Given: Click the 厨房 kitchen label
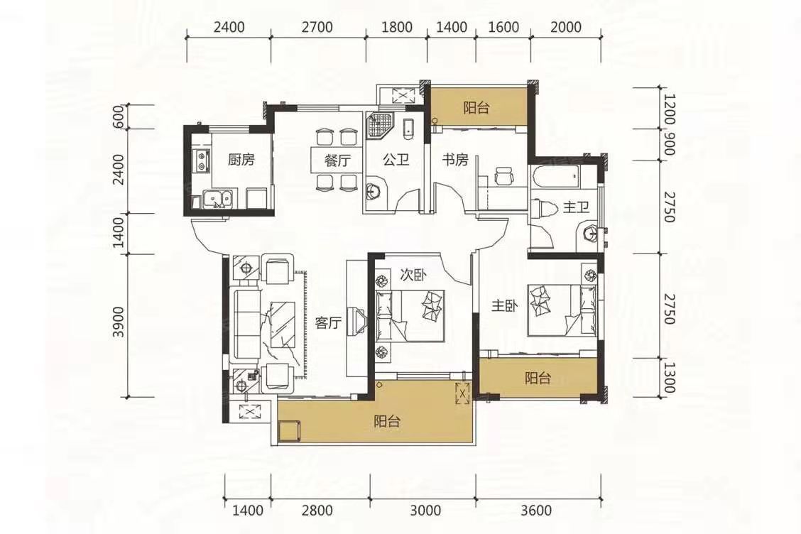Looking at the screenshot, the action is (x=241, y=160).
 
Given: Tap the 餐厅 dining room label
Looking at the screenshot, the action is (x=338, y=160).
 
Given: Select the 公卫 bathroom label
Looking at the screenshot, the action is (x=396, y=160).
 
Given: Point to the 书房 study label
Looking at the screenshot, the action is (x=455, y=160).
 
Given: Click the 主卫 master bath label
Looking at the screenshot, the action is (x=576, y=207).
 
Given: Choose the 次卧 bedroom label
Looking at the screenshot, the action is (x=413, y=276).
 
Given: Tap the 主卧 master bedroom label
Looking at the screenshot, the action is (x=505, y=305).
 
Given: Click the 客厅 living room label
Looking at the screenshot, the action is (x=328, y=323).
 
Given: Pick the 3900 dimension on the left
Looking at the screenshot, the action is (x=119, y=322).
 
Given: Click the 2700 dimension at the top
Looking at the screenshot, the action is (x=317, y=26).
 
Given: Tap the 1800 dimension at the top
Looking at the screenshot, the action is (x=397, y=26).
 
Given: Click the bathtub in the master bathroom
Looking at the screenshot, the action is (x=555, y=178).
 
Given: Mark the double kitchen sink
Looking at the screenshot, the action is (x=217, y=200).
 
